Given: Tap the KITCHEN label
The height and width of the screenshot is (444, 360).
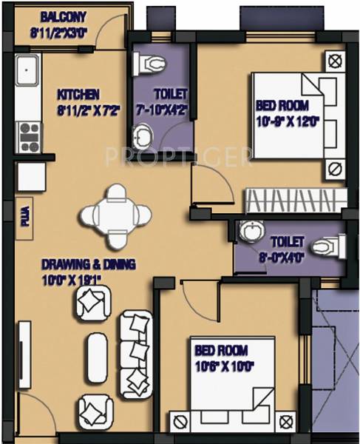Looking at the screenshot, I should pyautogui.click(x=78, y=94).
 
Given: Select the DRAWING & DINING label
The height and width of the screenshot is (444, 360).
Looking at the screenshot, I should pyautogui.click(x=61, y=263).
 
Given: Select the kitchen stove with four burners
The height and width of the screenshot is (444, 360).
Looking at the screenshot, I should pyautogui.click(x=29, y=137).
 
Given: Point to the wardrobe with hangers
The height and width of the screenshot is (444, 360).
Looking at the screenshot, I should pyautogui.click(x=294, y=201).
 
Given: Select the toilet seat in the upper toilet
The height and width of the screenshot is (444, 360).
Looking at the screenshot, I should pyautogui.click(x=149, y=64).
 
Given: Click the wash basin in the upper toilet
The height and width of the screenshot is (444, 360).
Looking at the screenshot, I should pyautogui.click(x=142, y=135).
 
